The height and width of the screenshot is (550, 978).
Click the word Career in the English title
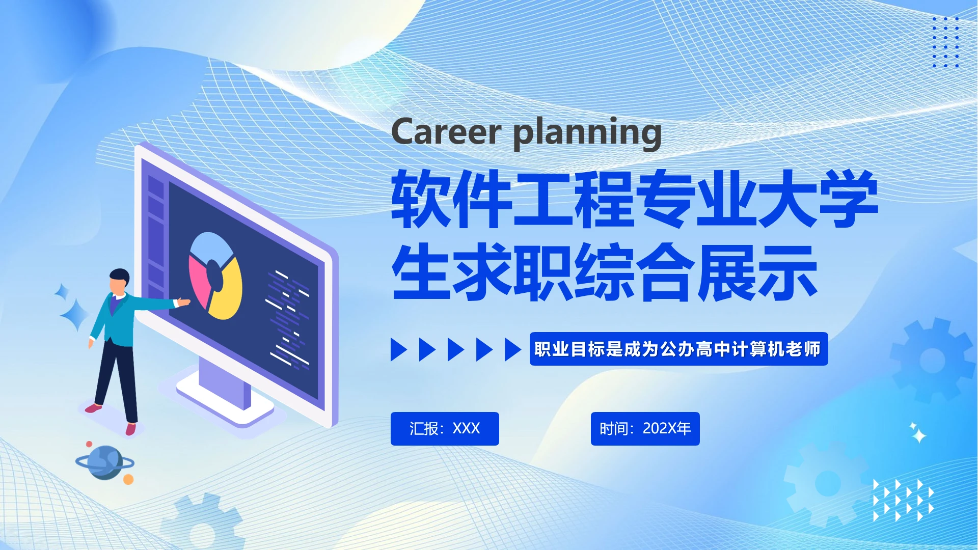click(x=446, y=132)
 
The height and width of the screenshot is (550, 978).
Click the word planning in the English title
click(x=587, y=133)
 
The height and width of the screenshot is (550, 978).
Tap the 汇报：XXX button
click(x=444, y=429)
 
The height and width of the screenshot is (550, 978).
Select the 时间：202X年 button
click(x=645, y=429)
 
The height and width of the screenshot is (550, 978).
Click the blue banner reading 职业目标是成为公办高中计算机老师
click(x=678, y=349)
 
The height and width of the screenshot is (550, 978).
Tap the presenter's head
click(x=119, y=282)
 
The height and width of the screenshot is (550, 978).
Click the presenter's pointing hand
click(x=183, y=302)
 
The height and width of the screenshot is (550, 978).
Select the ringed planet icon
click(x=105, y=462)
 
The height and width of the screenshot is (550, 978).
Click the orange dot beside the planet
click(x=128, y=479)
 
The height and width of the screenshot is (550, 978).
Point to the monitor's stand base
click(x=224, y=402)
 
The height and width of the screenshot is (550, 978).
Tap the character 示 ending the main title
click(x=787, y=272)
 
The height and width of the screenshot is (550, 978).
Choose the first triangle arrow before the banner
click(x=398, y=349)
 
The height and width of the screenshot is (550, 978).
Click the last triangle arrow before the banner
click(x=512, y=349)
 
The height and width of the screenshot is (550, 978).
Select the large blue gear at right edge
click(x=932, y=360)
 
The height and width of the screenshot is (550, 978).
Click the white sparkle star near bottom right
click(x=918, y=435)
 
